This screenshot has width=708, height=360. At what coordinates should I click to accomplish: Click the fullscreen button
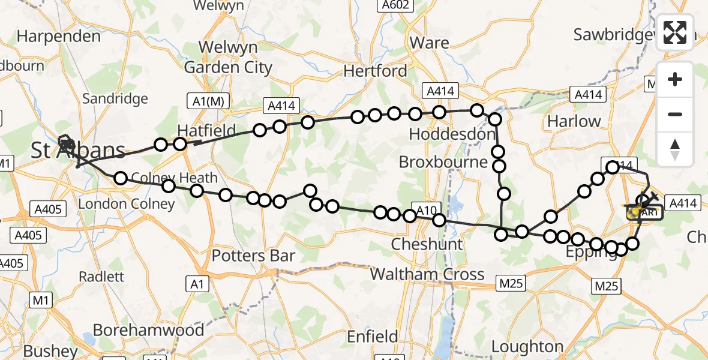coord(675,32)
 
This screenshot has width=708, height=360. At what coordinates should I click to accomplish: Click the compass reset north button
coord(675,149)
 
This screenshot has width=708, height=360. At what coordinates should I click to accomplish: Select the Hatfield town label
coord(206,131)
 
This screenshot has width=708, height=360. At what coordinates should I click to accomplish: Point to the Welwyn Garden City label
coord(228,57)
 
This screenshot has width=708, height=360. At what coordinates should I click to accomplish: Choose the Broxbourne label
coord(443,163)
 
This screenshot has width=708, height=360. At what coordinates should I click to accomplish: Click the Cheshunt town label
coord(427,244)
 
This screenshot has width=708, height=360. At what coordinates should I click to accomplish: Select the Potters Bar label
coord(253,256)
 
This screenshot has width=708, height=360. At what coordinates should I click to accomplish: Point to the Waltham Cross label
coord(427,274)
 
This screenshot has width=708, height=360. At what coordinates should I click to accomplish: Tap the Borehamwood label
coord(148,330)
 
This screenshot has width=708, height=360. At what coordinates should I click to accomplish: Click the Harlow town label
coord(574,121)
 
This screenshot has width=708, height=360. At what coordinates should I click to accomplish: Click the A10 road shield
coord(425,210)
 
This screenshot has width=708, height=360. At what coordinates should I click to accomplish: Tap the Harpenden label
coord(59,36)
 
